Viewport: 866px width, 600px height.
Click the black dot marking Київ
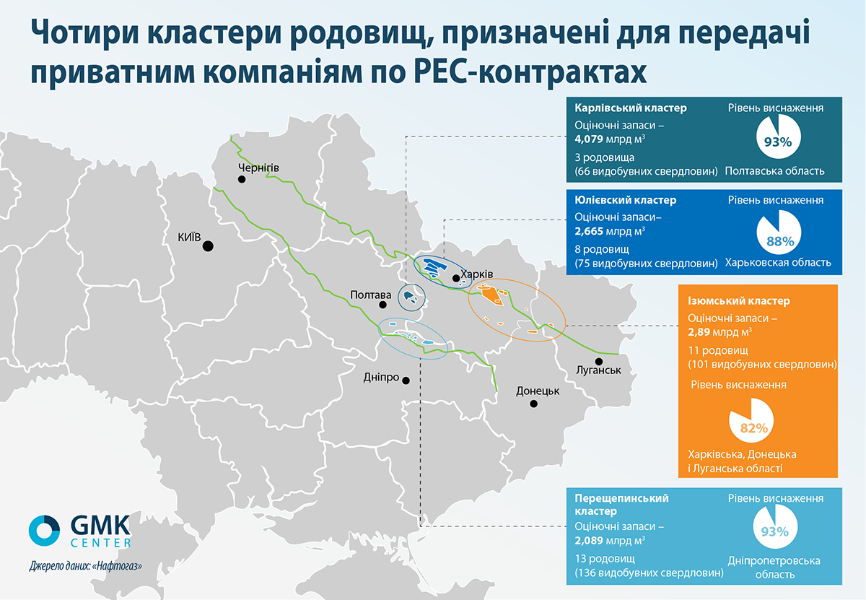click(x=208, y=246)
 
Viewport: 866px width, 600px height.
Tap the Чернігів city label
click(x=258, y=168)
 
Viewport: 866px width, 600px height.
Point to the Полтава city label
click(x=370, y=295)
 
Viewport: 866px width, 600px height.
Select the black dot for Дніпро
click(x=406, y=381)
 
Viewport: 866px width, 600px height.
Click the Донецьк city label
click(x=538, y=391)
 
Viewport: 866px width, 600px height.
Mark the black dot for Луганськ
click(x=599, y=361)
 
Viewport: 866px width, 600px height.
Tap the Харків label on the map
click(x=477, y=274)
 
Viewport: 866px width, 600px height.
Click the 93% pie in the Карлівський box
click(x=778, y=136)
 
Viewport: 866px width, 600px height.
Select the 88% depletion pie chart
click(x=779, y=232)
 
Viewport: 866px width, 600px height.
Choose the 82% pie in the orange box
click(x=751, y=420)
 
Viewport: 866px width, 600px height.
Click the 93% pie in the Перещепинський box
click(x=775, y=526)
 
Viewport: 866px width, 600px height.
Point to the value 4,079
click(x=589, y=139)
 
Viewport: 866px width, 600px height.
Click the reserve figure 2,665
click(x=589, y=231)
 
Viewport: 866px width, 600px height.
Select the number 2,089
click(x=589, y=540)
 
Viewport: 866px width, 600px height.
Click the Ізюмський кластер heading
click(x=739, y=301)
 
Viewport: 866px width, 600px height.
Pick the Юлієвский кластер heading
click(x=626, y=200)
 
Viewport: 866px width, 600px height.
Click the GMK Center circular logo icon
click(x=45, y=531)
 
